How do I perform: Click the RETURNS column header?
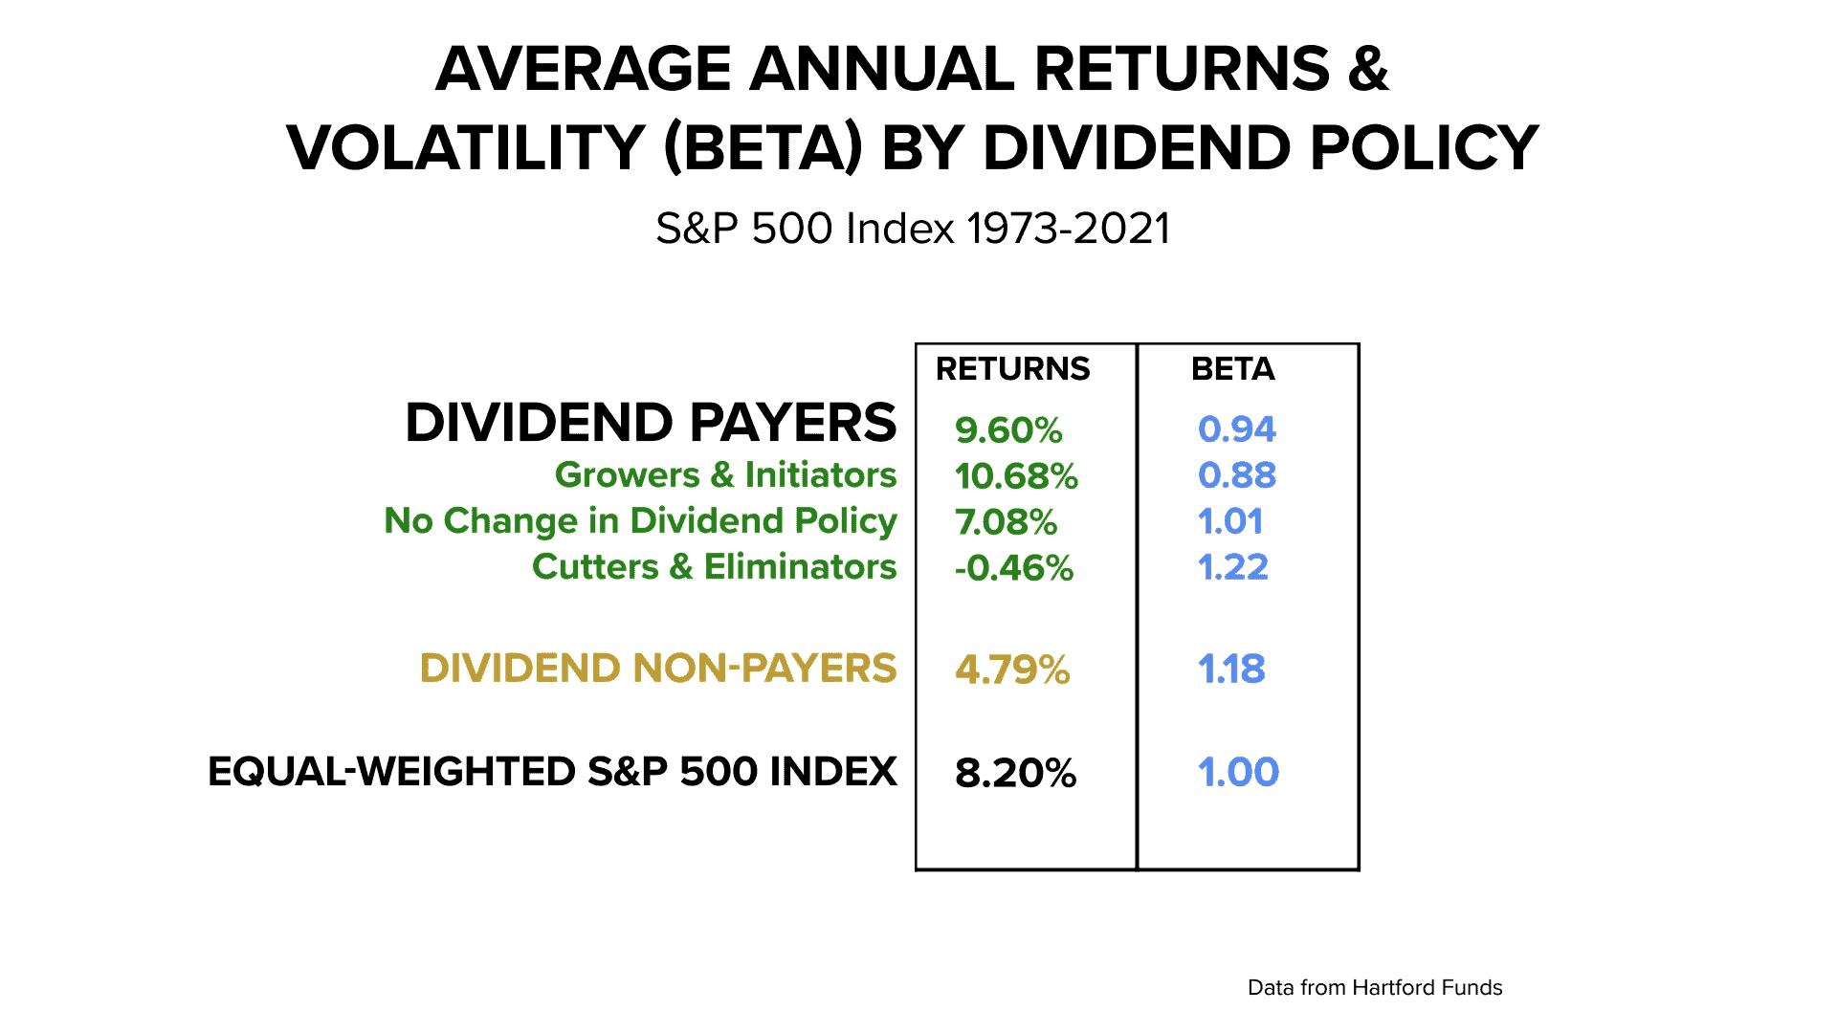pyautogui.click(x=1012, y=369)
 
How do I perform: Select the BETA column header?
pyautogui.click(x=1232, y=369)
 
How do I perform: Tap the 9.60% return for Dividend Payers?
pyautogui.click(x=1008, y=430)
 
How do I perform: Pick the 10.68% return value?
pyautogui.click(x=1016, y=476)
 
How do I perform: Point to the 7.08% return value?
pyautogui.click(x=1006, y=522)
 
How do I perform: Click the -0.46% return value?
pyautogui.click(x=1014, y=568)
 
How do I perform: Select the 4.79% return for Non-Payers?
pyautogui.click(x=1012, y=670)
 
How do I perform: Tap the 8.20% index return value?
pyautogui.click(x=1015, y=773)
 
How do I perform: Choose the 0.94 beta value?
pyautogui.click(x=1236, y=429)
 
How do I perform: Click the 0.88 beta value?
pyautogui.click(x=1236, y=475)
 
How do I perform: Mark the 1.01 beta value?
pyautogui.click(x=1230, y=521)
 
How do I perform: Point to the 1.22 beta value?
pyautogui.click(x=1232, y=567)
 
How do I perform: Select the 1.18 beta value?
pyautogui.click(x=1231, y=670)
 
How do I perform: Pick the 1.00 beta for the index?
pyautogui.click(x=1238, y=772)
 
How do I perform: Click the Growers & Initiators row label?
pyautogui.click(x=725, y=475)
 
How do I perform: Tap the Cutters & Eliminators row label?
pyautogui.click(x=714, y=567)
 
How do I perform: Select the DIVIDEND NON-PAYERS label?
pyautogui.click(x=658, y=669)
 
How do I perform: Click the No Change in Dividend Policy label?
pyautogui.click(x=640, y=521)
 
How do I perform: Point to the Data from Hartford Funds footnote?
pyautogui.click(x=1375, y=988)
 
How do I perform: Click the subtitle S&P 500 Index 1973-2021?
pyautogui.click(x=913, y=229)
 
